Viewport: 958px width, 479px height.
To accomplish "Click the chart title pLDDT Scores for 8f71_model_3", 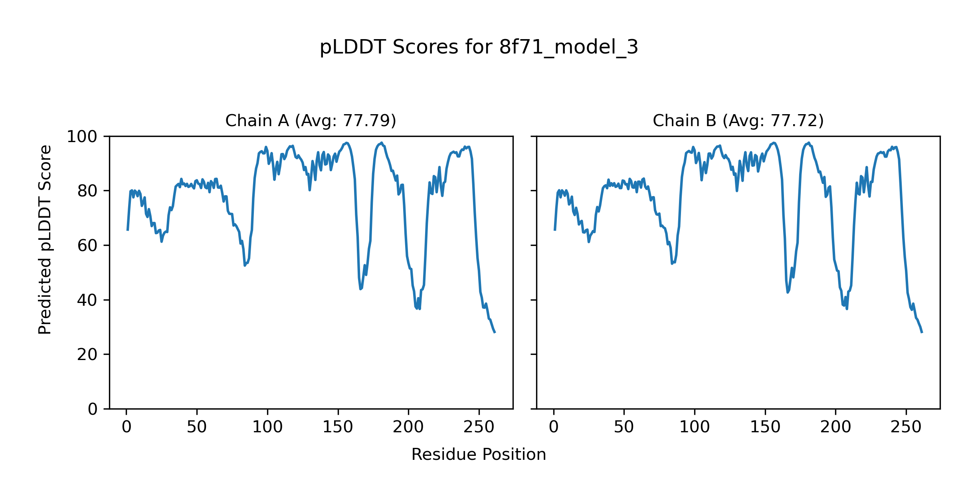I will click(x=479, y=48).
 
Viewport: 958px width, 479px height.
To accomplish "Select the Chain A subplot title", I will click(x=311, y=121).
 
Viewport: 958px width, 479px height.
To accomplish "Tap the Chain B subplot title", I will click(x=738, y=121).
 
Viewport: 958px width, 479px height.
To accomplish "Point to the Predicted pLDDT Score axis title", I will click(x=45, y=239).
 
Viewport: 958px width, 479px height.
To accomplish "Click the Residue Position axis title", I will click(x=479, y=455).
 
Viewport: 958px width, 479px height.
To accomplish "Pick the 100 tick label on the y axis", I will click(x=82, y=137).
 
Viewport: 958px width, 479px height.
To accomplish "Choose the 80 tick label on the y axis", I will click(x=87, y=191).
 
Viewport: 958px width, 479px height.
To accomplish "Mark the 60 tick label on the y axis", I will click(x=87, y=245).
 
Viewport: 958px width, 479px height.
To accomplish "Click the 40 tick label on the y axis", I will click(x=87, y=300).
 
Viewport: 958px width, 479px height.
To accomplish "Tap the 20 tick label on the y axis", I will click(x=87, y=354).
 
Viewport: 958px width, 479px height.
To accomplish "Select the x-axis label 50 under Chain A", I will click(x=197, y=427).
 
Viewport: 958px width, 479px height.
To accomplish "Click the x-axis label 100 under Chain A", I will click(x=267, y=427).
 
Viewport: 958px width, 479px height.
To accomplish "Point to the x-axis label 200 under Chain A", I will click(x=408, y=427).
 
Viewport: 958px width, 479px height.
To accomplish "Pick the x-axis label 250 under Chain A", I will click(x=479, y=427).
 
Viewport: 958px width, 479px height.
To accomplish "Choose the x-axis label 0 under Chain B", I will click(x=554, y=427).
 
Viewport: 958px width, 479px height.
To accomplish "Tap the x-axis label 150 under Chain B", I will click(x=765, y=427).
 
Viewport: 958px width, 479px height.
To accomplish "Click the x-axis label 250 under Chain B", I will click(x=906, y=427).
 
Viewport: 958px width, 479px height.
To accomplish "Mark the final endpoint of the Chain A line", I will click(x=495, y=333).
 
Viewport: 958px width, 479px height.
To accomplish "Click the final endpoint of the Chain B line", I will click(x=922, y=333).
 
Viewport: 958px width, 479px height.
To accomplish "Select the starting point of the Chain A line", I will click(x=127, y=230).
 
